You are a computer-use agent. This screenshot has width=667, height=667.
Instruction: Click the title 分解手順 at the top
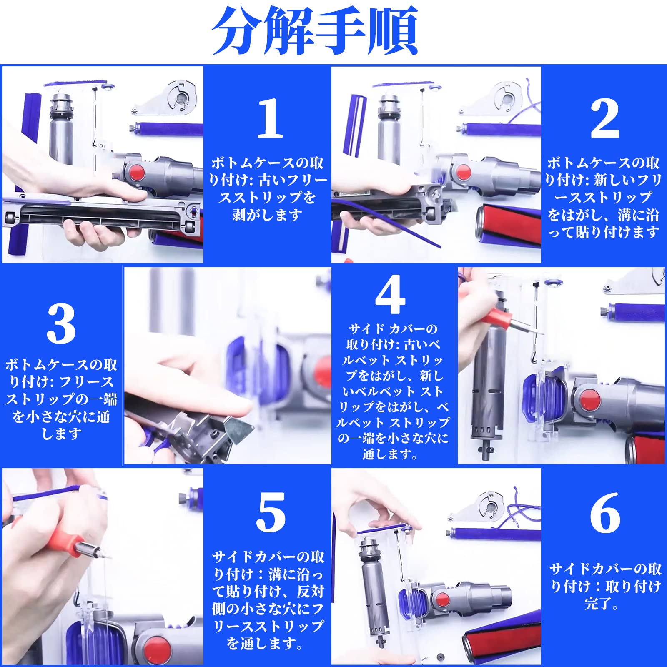pos(315,30)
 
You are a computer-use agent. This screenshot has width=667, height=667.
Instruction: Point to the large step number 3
pos(61,324)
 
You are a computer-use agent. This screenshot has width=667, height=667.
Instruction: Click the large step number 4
pos(390,294)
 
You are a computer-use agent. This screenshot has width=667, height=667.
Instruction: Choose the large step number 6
pos(605,512)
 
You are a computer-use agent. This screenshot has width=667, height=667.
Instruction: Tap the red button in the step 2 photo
pos(463,172)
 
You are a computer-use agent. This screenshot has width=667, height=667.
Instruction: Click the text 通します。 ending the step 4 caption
pos(390,454)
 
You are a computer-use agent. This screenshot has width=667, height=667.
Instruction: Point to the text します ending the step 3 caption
pos(61,434)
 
